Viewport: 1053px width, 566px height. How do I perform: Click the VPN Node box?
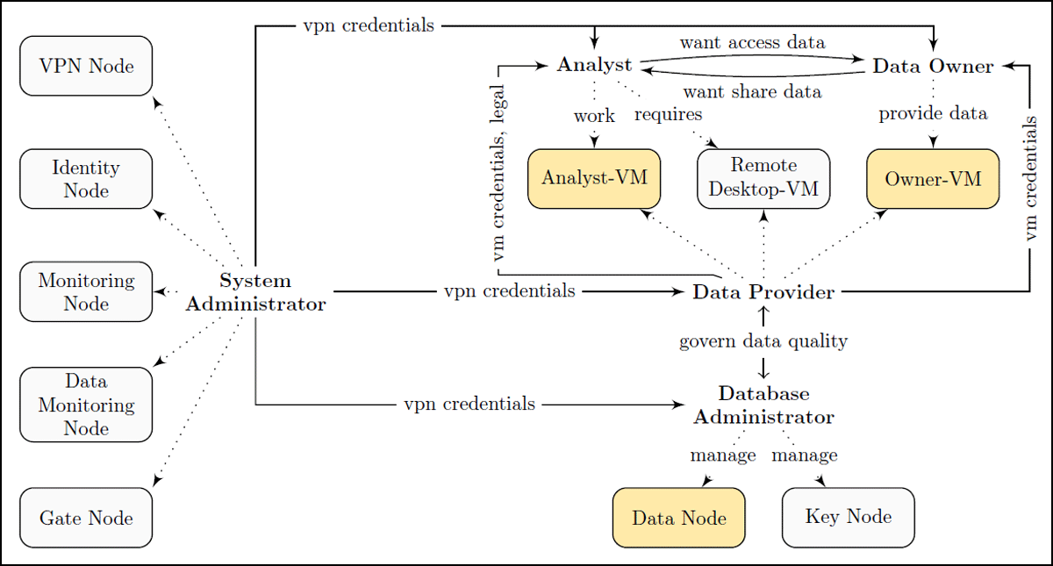pos(86,66)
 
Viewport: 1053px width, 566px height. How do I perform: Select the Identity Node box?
pos(86,179)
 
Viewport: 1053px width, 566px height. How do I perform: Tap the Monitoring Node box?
pos(86,292)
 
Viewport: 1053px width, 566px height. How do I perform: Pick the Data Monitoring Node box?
pos(86,405)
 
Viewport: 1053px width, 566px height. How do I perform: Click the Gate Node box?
pos(86,518)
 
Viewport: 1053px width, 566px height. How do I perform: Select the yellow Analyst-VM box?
pos(594,179)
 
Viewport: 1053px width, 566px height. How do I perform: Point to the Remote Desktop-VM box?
pos(763,179)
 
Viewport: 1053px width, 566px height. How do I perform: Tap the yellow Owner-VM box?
pos(933,179)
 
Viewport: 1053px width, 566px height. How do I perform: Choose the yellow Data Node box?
pos(679,518)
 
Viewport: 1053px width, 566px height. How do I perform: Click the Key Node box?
pos(849,518)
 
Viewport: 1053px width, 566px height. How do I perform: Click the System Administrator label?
pos(255,292)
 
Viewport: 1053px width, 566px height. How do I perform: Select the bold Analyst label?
pos(594,65)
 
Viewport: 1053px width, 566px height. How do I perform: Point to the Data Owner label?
pos(933,67)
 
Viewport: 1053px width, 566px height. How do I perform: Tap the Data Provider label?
pos(763,292)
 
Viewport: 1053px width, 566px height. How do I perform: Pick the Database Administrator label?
pos(763,405)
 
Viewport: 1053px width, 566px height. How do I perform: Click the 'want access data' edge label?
pos(752,43)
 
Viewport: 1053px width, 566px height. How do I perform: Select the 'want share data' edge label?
pos(752,91)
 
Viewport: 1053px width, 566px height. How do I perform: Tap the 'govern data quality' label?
pos(763,341)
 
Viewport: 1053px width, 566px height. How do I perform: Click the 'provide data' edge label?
pos(933,114)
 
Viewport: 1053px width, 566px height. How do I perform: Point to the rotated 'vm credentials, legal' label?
pos(498,173)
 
